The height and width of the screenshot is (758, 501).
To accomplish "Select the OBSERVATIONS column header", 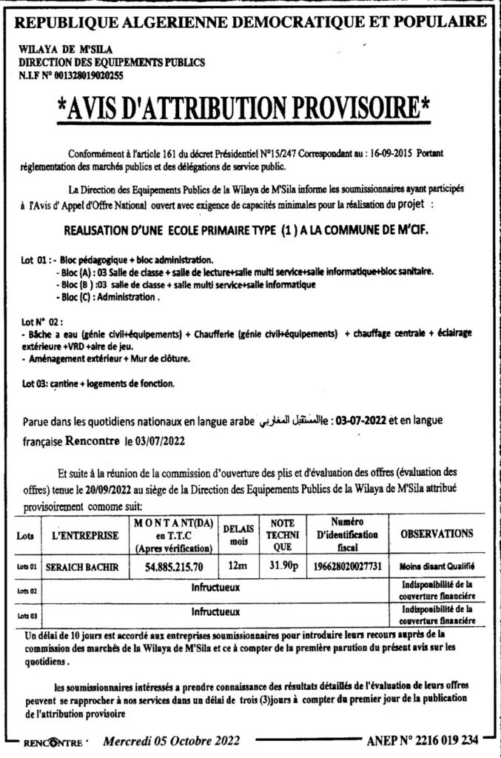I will point(436,533).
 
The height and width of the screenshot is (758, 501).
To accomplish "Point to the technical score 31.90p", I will point(281,566).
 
